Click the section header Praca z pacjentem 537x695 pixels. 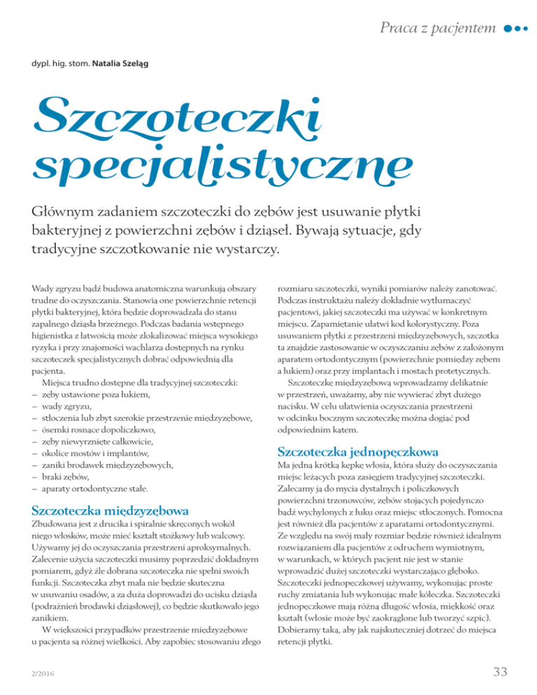click(x=438, y=28)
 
